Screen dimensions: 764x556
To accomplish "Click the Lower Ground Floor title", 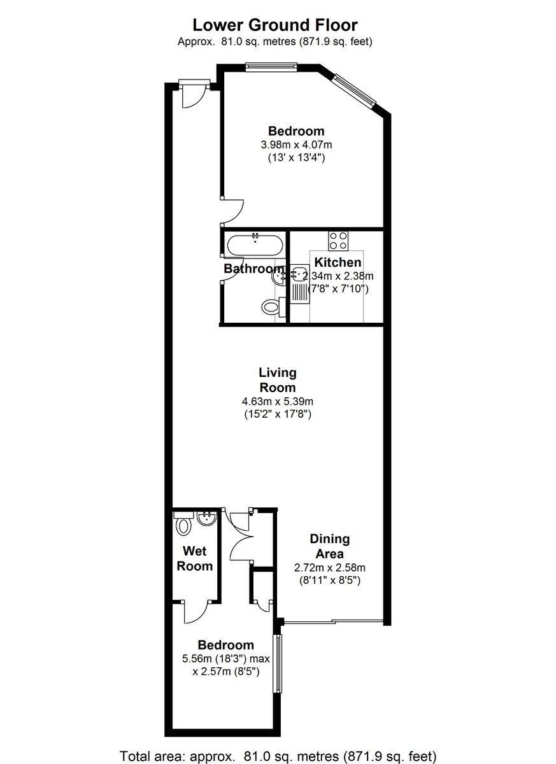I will click(x=275, y=25).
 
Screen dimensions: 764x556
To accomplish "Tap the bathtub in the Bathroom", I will click(x=255, y=244).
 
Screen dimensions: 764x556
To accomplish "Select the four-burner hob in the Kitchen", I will click(x=338, y=241).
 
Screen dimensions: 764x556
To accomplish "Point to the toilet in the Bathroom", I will click(x=271, y=308).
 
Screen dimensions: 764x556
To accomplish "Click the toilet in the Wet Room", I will click(x=184, y=525).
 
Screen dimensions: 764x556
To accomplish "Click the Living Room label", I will click(x=278, y=380).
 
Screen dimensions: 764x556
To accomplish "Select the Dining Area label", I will click(x=329, y=546).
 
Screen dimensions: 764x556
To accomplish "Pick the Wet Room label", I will click(x=195, y=558).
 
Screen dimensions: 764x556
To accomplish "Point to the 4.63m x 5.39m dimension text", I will click(x=278, y=401).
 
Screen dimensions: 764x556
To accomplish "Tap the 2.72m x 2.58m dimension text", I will click(x=329, y=567).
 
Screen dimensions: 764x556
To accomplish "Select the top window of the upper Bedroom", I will click(x=272, y=64).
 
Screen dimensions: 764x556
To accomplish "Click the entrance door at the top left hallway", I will click(x=193, y=94).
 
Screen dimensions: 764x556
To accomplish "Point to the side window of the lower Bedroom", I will click(x=277, y=663).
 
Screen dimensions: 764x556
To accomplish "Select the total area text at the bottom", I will click(x=278, y=756).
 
